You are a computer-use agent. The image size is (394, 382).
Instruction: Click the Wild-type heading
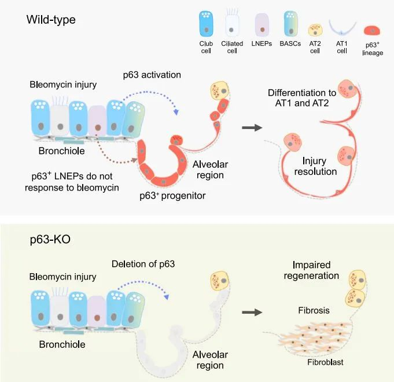click(51, 20)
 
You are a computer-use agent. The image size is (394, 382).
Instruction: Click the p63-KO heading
click(50, 239)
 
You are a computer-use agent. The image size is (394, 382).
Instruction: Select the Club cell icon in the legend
click(206, 23)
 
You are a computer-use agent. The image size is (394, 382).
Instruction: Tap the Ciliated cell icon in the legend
click(231, 23)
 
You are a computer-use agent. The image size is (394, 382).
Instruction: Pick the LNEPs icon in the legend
click(262, 25)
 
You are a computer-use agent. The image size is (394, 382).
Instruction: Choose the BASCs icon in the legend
click(290, 24)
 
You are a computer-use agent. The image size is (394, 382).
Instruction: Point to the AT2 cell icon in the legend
click(315, 30)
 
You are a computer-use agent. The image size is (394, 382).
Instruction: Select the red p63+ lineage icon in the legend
click(372, 31)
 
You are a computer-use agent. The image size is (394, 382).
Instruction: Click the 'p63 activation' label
click(152, 75)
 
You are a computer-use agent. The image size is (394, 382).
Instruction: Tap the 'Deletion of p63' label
click(143, 264)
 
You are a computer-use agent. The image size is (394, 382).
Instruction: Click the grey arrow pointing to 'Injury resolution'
click(252, 128)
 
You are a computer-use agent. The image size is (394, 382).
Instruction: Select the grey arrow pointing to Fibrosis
click(252, 313)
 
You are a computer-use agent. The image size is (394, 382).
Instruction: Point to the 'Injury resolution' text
click(315, 166)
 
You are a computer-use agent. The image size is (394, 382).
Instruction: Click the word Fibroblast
click(325, 362)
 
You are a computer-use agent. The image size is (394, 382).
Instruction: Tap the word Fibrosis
click(314, 310)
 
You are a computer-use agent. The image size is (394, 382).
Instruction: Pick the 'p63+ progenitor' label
click(172, 196)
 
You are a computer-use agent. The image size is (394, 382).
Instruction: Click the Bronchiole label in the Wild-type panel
click(61, 151)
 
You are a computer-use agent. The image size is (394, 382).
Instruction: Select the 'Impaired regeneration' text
click(311, 270)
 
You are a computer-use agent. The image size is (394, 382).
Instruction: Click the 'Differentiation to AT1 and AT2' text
click(302, 98)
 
